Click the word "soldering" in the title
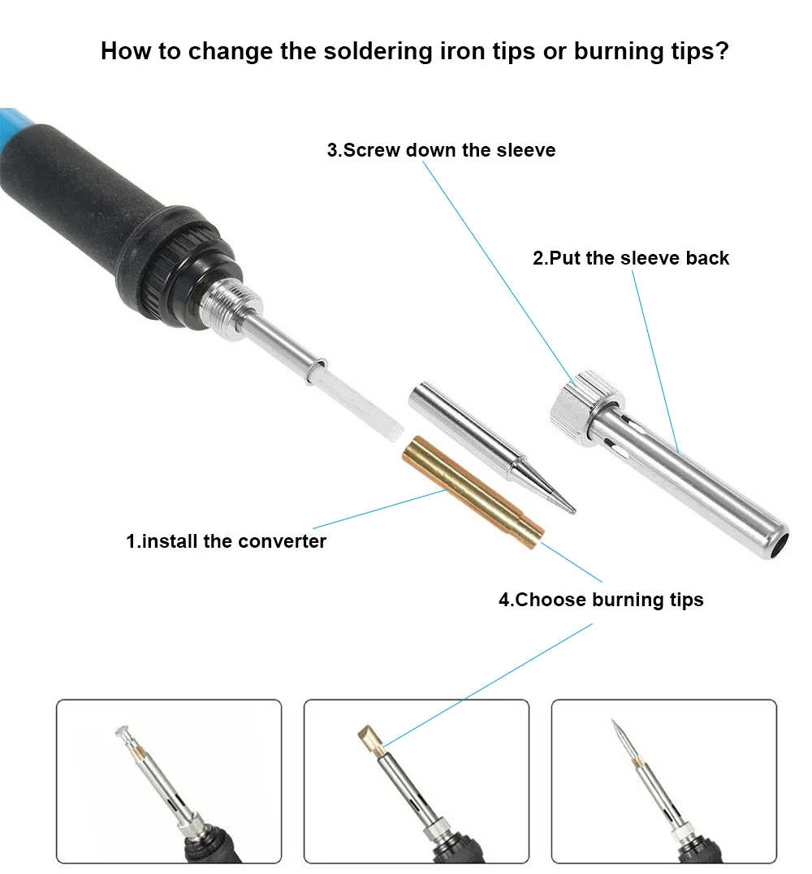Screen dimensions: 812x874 click(378, 51)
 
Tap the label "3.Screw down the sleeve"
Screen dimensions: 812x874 click(441, 150)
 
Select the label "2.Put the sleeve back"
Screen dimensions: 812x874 click(631, 258)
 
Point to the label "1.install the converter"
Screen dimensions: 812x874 click(226, 541)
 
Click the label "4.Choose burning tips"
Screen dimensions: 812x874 click(601, 600)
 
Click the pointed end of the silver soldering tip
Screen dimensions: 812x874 click(573, 510)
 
